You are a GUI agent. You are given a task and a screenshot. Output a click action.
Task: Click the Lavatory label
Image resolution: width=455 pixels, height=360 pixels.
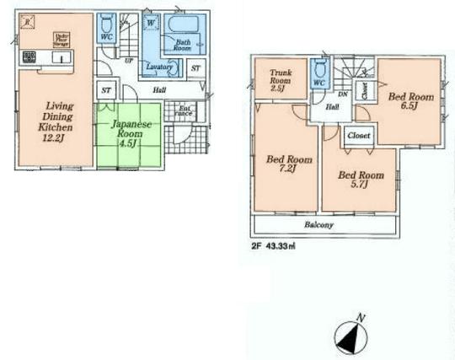pyautogui.click(x=158, y=67)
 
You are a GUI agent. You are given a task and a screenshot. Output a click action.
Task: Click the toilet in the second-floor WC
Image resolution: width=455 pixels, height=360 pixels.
pyautogui.click(x=318, y=71)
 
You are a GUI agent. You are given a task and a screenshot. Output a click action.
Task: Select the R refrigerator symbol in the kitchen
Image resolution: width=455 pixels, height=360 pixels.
pyautogui.click(x=27, y=20)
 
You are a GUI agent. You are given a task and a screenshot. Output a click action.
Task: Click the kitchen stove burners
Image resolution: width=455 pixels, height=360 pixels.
pyautogui.click(x=29, y=58)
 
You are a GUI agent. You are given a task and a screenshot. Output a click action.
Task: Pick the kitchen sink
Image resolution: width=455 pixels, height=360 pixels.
pyautogui.click(x=64, y=58)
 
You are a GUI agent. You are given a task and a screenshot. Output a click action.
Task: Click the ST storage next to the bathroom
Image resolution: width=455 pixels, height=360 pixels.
pyautogui.click(x=195, y=67)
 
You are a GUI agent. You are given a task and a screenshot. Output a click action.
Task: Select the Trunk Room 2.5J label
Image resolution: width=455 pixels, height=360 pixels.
pyautogui.click(x=278, y=78)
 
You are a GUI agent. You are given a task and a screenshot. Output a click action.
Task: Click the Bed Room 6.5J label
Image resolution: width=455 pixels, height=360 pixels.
pyautogui.click(x=410, y=102)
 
